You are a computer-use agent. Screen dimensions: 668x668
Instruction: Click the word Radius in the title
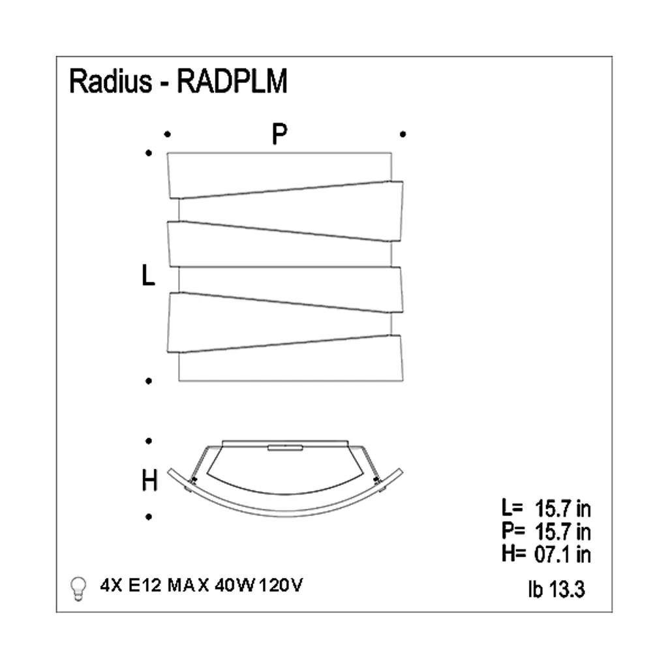click(x=110, y=81)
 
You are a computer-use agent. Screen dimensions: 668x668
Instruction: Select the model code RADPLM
click(x=232, y=81)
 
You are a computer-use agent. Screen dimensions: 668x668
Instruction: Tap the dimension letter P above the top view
click(x=279, y=134)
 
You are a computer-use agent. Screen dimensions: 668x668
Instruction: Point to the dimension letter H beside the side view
click(x=149, y=480)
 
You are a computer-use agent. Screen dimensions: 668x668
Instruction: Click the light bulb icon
click(x=78, y=589)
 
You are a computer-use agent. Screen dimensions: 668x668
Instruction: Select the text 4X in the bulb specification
click(x=111, y=585)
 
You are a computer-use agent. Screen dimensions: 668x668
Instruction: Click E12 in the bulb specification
click(x=145, y=585)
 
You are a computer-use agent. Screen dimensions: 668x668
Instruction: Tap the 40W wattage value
click(x=235, y=585)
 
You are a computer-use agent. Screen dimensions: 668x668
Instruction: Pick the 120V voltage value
click(x=281, y=585)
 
